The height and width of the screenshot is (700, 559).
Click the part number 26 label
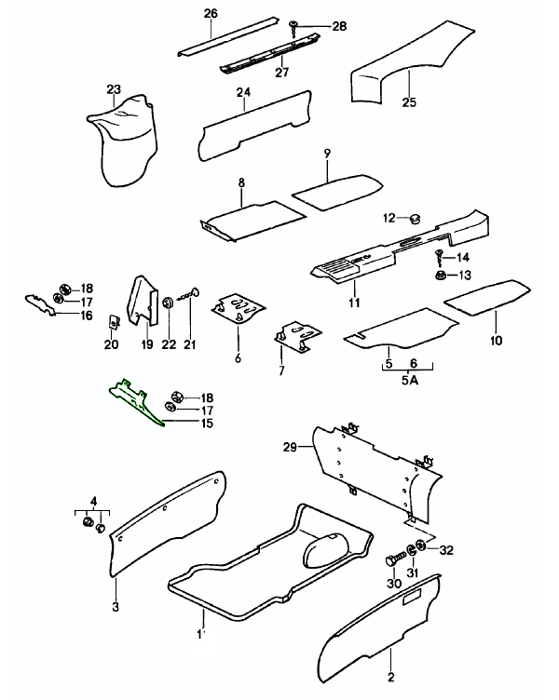click(211, 13)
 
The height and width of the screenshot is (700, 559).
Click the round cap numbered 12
click(414, 219)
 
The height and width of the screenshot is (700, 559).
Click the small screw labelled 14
click(440, 256)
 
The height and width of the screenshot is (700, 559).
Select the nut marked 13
click(438, 276)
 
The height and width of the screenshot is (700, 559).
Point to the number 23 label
click(114, 90)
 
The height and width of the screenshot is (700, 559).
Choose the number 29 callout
click(291, 449)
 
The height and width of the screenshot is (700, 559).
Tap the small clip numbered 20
click(112, 322)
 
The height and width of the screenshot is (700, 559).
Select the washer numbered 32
click(422, 546)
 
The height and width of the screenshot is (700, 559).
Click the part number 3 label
click(116, 608)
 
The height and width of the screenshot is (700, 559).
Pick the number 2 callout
click(391, 677)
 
